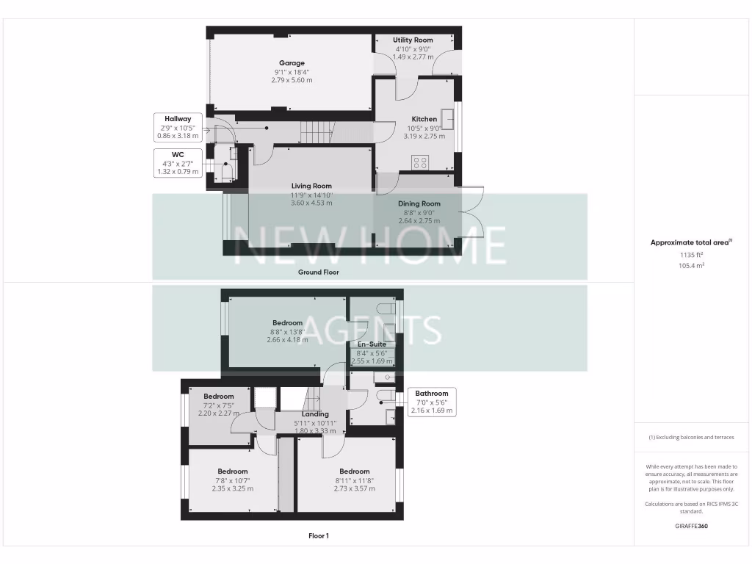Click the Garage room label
point(292,63)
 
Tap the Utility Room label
point(413,40)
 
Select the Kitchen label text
point(424,119)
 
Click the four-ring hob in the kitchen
point(420,163)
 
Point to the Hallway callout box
point(178,127)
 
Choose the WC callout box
point(178,163)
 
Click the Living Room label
point(311,187)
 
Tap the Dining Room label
point(419,203)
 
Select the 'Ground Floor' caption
point(318,272)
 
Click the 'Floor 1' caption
point(318,536)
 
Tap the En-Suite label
point(372,344)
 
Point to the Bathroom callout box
point(432,402)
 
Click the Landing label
point(316,414)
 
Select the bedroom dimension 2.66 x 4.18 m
point(287,340)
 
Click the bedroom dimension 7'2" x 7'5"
point(218,405)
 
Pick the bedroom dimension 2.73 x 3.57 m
point(354,488)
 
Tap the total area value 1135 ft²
point(691,256)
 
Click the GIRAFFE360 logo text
point(691,526)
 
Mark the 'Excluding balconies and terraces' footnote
point(691,437)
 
